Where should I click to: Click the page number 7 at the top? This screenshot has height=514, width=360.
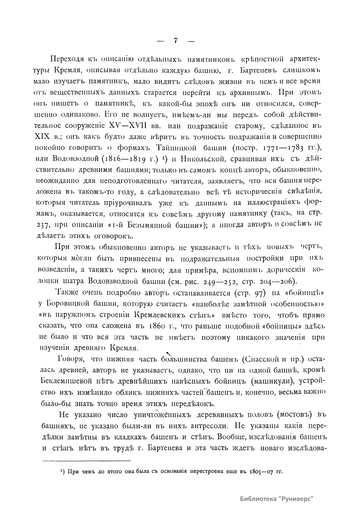(x=176, y=41)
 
